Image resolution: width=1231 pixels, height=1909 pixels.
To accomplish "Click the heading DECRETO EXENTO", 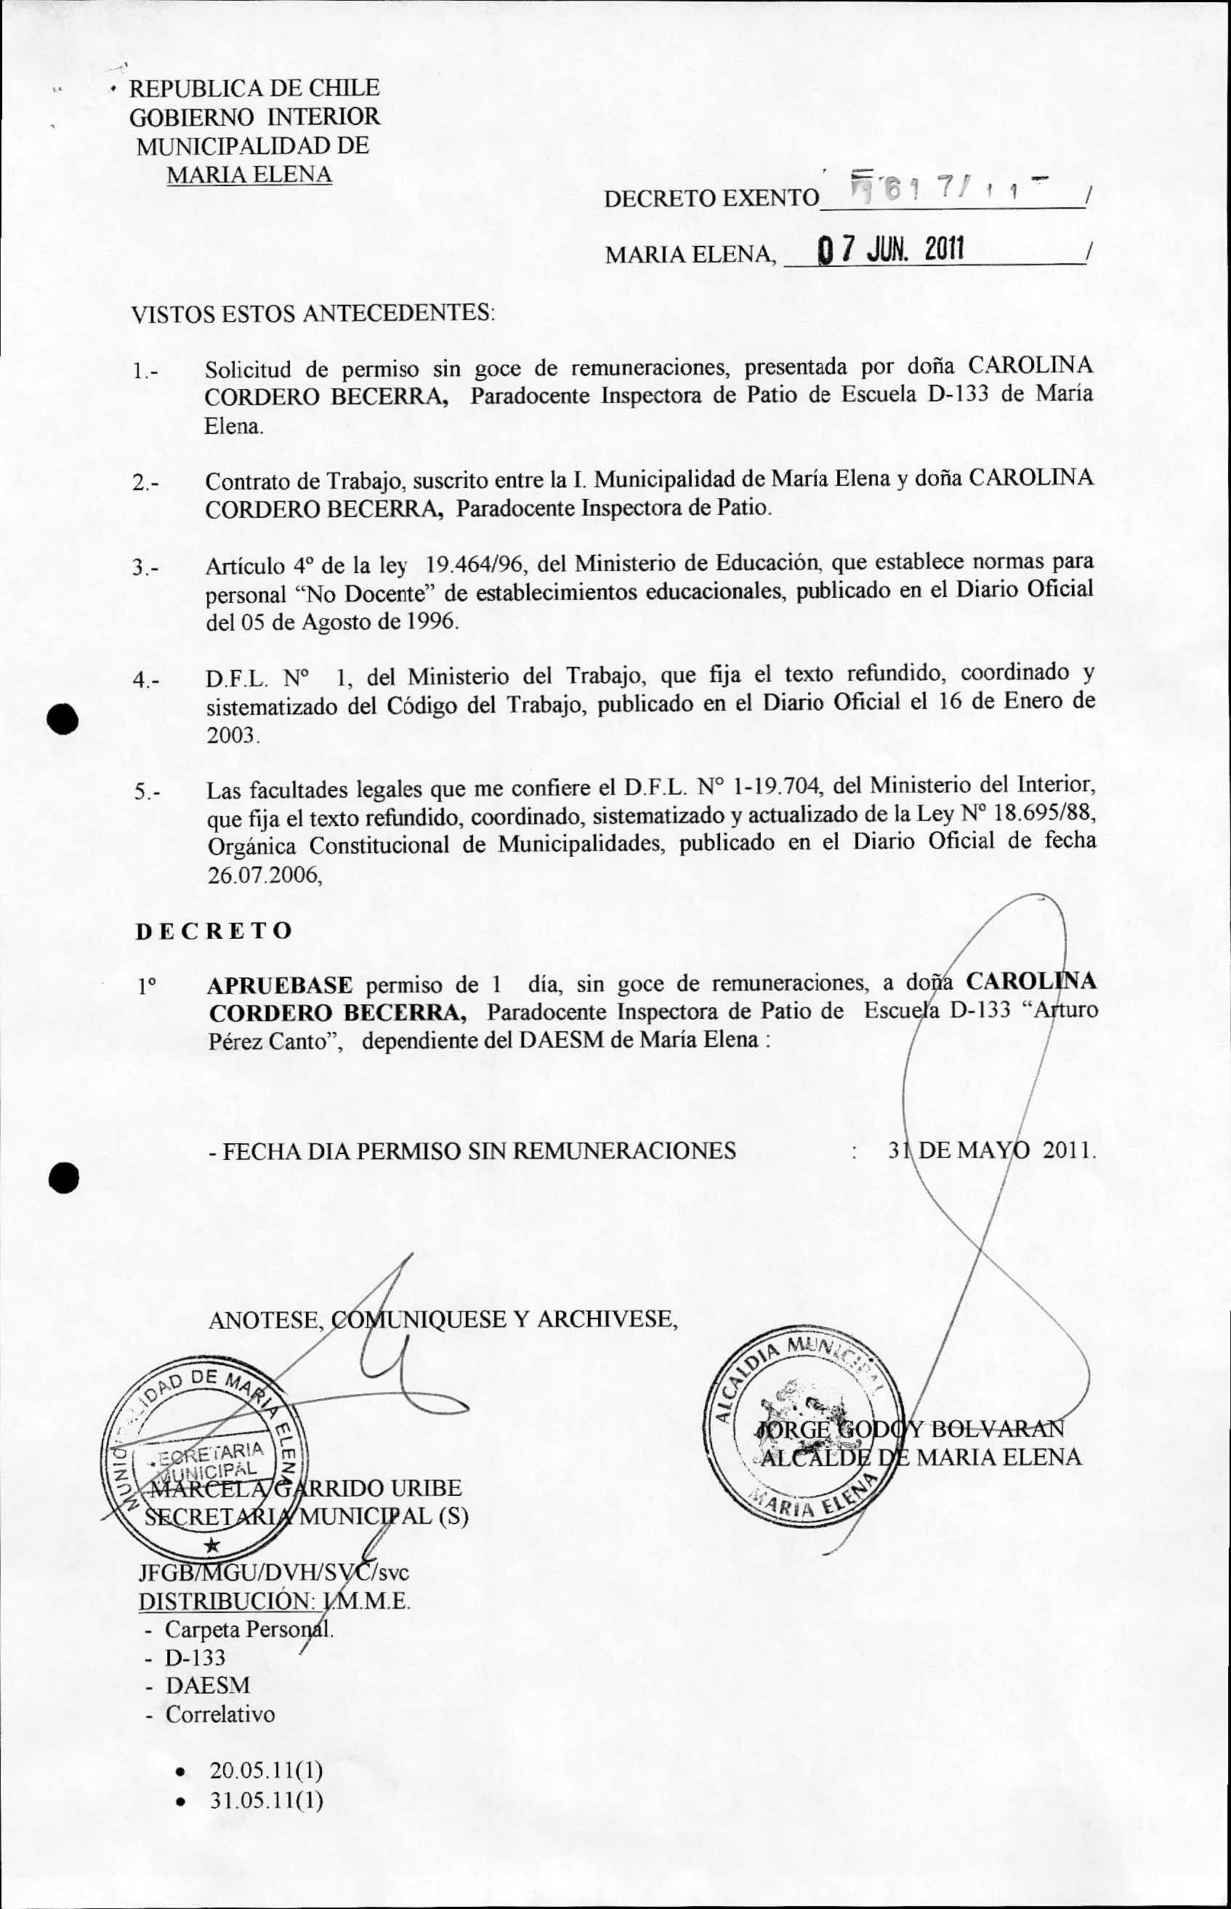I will [711, 198].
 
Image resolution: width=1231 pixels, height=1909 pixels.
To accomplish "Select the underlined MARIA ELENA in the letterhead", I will [249, 175].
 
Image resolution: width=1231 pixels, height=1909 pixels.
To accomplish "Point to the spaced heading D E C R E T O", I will [214, 931].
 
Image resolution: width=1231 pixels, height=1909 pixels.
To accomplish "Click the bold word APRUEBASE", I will [279, 985].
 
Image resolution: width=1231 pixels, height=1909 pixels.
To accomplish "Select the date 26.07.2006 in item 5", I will [265, 875].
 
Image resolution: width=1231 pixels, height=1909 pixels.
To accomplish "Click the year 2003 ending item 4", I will [233, 735].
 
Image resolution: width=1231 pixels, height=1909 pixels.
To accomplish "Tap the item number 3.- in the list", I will [146, 568].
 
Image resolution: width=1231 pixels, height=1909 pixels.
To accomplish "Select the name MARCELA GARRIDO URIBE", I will [306, 1489].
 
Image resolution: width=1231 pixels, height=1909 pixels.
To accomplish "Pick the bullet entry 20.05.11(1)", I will [266, 1770].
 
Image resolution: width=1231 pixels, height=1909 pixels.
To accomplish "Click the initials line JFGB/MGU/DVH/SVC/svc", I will [273, 1572].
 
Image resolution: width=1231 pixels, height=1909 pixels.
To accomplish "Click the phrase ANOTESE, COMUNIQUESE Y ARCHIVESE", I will [443, 1318].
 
